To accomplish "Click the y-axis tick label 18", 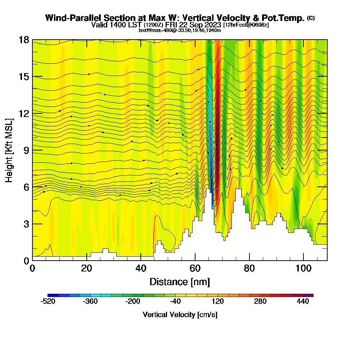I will click(24, 40).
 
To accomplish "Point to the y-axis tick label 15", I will click(24, 76).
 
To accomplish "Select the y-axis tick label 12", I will click(24, 113).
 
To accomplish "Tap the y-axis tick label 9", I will click(26, 150).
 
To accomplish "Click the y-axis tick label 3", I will click(26, 224).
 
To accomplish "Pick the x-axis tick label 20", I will click(86, 268).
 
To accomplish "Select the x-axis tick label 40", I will click(141, 268).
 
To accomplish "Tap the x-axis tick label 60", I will click(195, 268).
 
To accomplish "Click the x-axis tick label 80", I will click(249, 268).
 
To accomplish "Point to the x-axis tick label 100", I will click(303, 268).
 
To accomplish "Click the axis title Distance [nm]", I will click(180, 282).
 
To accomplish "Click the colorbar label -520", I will click(48, 302).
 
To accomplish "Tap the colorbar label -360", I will click(90, 302).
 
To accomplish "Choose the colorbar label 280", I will click(260, 302).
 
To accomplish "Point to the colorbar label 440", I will click(303, 302).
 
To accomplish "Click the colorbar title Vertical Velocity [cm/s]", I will click(180, 315).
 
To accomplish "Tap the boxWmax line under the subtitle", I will click(180, 30).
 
